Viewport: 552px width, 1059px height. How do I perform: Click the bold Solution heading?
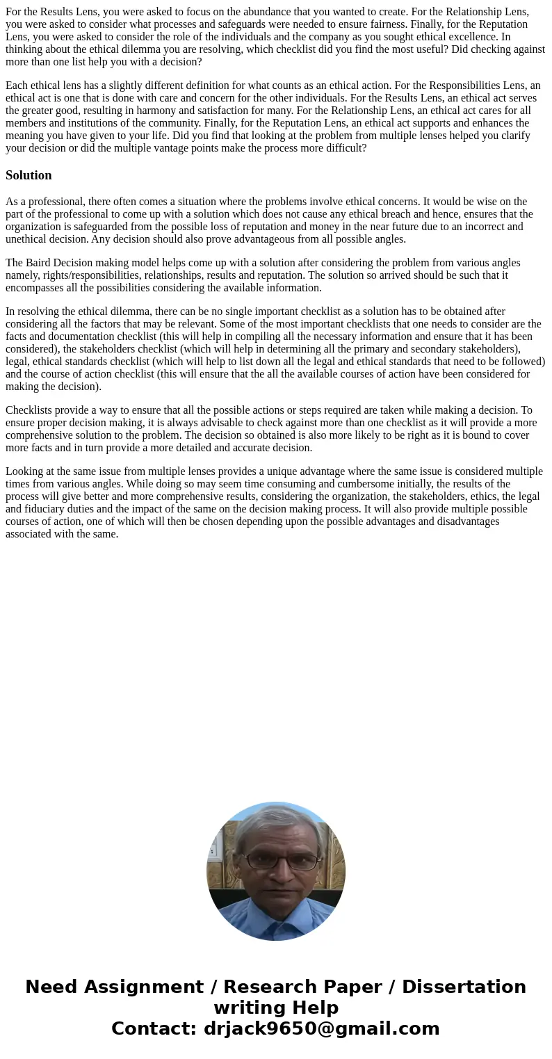click(x=29, y=175)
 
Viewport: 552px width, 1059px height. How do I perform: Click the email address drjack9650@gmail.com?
click(x=321, y=1029)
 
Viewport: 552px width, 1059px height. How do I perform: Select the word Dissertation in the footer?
click(x=464, y=987)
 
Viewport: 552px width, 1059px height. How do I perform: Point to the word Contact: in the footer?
click(x=154, y=1029)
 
